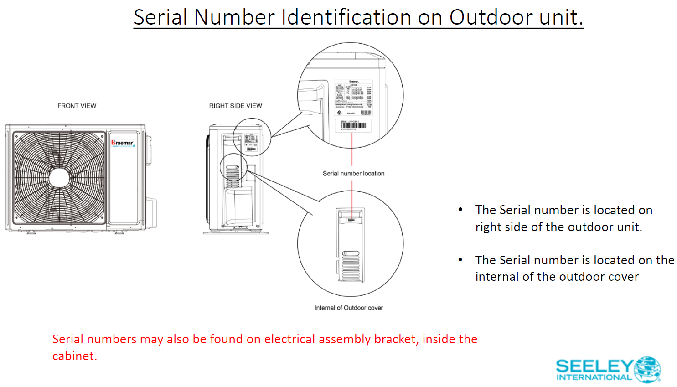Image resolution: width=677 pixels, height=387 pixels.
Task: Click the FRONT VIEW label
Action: pos(77,106)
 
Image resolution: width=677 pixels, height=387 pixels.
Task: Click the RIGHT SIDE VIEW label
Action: pos(235,106)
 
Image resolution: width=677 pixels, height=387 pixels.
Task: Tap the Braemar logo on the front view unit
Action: pos(122,143)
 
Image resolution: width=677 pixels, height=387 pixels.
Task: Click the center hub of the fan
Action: pos(59,178)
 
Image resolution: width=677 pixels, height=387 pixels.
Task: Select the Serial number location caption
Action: pos(353,174)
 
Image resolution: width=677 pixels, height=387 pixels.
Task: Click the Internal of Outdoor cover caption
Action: pos(348,308)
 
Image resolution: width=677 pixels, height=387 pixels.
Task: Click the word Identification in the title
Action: pos(346,17)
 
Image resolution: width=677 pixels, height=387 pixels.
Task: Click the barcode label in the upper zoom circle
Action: pos(353,125)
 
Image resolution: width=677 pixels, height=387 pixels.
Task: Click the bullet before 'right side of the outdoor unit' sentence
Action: pos(460,210)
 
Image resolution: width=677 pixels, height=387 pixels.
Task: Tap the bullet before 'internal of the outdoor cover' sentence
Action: pos(460,260)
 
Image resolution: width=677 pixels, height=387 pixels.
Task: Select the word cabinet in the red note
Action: pos(74,356)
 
